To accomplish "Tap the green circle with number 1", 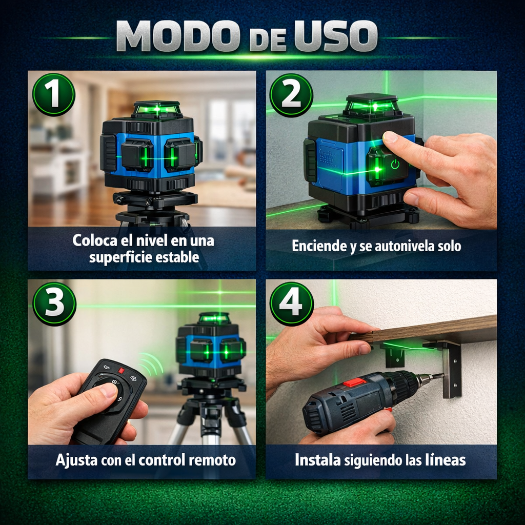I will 54,94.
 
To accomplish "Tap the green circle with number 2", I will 291,95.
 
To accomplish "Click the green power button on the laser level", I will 394,165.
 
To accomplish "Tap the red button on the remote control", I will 122,370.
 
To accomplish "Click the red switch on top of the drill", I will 354,382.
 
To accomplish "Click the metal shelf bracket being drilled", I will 451,369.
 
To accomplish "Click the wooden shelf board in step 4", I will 436,328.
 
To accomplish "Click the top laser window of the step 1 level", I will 156,108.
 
